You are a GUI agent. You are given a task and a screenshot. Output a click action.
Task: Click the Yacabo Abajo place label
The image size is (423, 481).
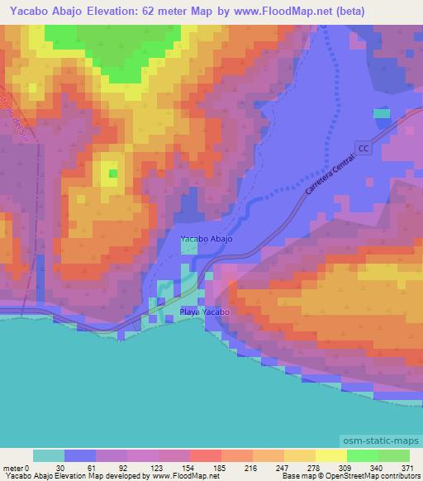coord(207,239)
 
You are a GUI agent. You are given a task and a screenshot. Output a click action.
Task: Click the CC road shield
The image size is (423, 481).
coord(364,146)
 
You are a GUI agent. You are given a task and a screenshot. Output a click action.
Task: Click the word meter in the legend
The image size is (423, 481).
coord(14,468)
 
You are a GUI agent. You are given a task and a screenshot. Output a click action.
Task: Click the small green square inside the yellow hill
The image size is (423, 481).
coord(113,174)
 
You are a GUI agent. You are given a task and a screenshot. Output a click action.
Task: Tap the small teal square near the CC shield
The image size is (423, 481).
coord(381,113)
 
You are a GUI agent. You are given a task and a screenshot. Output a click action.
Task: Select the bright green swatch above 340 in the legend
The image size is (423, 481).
coord(363,455)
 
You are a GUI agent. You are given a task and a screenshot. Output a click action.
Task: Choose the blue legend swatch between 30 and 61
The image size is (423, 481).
coord(80,455)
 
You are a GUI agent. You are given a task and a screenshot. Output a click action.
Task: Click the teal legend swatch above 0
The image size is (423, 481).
coord(49,455)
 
